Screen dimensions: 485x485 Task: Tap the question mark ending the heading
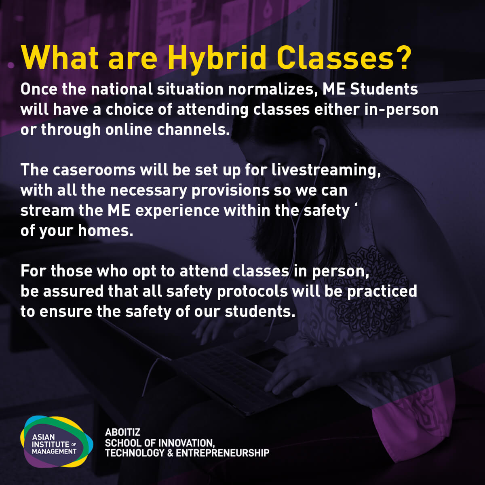pos(403,57)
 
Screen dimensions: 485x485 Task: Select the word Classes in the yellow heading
pos(336,57)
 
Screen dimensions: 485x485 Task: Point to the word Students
pos(384,89)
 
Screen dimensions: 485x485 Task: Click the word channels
pos(193,129)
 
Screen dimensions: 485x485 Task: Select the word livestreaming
pos(326,171)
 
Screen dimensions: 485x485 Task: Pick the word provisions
pos(230,191)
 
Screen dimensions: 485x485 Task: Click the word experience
pos(177,211)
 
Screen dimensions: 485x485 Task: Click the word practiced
pos(382,291)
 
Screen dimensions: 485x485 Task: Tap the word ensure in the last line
pos(66,312)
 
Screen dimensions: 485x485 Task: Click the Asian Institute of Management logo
pos(57,441)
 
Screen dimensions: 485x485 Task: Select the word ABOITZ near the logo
pos(122,432)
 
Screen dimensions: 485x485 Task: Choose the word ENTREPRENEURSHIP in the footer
pos(222,453)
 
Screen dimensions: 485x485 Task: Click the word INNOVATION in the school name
pos(187,443)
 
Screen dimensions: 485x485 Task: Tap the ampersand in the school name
pos(170,453)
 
